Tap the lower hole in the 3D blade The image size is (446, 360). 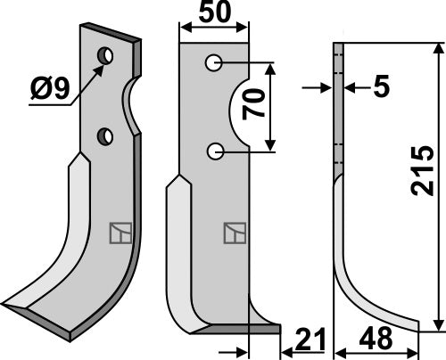105,136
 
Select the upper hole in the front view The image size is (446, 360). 215,63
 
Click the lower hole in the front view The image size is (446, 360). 215,152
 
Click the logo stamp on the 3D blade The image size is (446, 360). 119,233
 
